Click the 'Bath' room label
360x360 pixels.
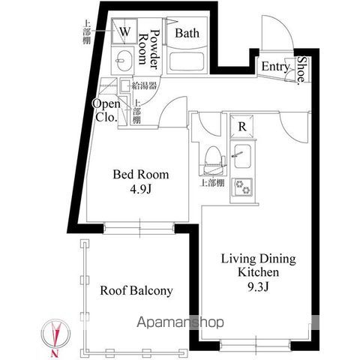point(186,33)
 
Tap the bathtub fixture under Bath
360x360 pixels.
point(188,60)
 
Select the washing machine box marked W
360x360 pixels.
point(125,32)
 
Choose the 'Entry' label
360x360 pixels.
point(275,67)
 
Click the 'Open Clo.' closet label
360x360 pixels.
point(106,110)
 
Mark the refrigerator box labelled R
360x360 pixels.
point(241,126)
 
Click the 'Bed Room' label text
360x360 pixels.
point(141,175)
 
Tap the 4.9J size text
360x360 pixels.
point(141,190)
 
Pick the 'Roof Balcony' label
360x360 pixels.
point(136,290)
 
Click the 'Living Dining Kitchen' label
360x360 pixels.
point(257,265)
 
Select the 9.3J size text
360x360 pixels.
point(258,287)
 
